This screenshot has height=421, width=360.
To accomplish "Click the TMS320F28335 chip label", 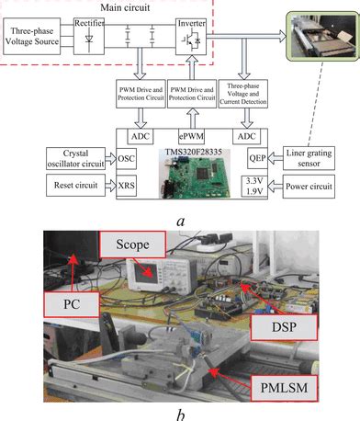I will tap(192, 149).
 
